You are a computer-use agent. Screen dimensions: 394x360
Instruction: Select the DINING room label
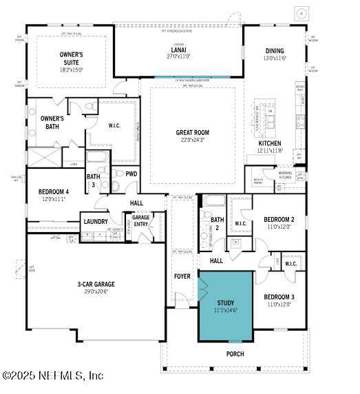pos(275,51)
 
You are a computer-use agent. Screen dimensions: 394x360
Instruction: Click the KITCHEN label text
pos(269,143)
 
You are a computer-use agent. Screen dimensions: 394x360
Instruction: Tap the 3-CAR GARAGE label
pos(96,284)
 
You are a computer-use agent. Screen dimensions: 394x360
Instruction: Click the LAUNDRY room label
pos(96,221)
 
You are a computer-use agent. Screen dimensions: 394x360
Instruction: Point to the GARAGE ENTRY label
pos(140,220)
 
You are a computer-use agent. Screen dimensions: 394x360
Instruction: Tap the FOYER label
pos(182,276)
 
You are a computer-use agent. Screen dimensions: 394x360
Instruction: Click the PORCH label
pos(235,354)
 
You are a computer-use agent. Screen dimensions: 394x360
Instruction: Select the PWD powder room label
pos(131,174)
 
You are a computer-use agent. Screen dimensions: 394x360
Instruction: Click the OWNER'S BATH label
pos(52,122)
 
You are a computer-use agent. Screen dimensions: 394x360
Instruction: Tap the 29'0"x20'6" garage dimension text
pos(96,291)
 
